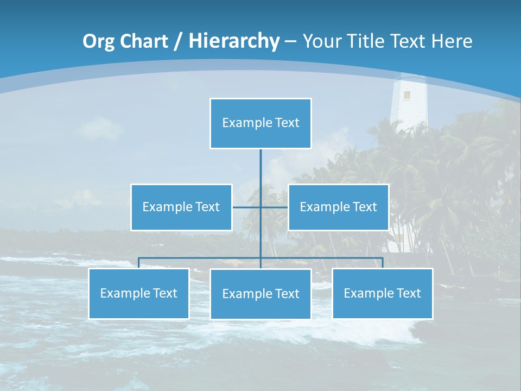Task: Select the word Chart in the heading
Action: click(x=142, y=41)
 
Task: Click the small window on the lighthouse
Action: click(x=406, y=95)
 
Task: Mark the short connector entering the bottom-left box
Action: click(x=139, y=263)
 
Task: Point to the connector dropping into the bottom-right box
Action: click(x=383, y=263)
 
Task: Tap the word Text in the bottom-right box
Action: click(x=408, y=293)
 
